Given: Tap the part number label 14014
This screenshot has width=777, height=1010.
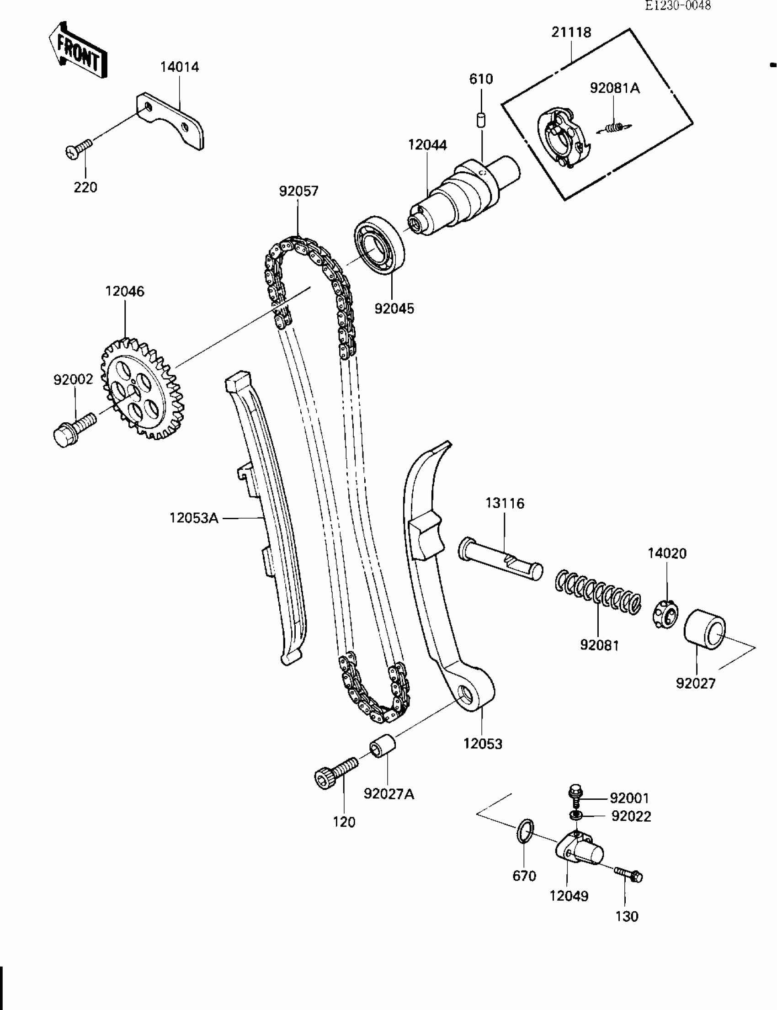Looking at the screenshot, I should click(x=180, y=67).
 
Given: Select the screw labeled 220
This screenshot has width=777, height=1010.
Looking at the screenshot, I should click(x=79, y=149).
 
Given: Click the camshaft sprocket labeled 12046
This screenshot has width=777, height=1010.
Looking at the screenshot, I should click(x=143, y=389).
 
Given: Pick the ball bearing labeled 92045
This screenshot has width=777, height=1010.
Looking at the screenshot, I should click(x=380, y=246).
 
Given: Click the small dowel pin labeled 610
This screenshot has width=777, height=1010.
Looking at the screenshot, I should click(x=481, y=120).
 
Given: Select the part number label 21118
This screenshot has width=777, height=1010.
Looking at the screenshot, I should click(x=571, y=33).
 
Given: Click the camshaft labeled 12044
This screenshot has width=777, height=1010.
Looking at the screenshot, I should click(x=463, y=197).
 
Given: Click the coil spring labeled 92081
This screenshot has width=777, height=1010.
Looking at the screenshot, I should click(x=598, y=593).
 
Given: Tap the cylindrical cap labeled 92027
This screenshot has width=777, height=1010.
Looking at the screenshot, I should click(x=704, y=629).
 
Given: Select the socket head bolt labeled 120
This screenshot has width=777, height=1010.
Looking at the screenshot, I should click(x=335, y=772).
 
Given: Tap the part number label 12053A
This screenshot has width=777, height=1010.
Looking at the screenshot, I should click(x=194, y=518).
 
